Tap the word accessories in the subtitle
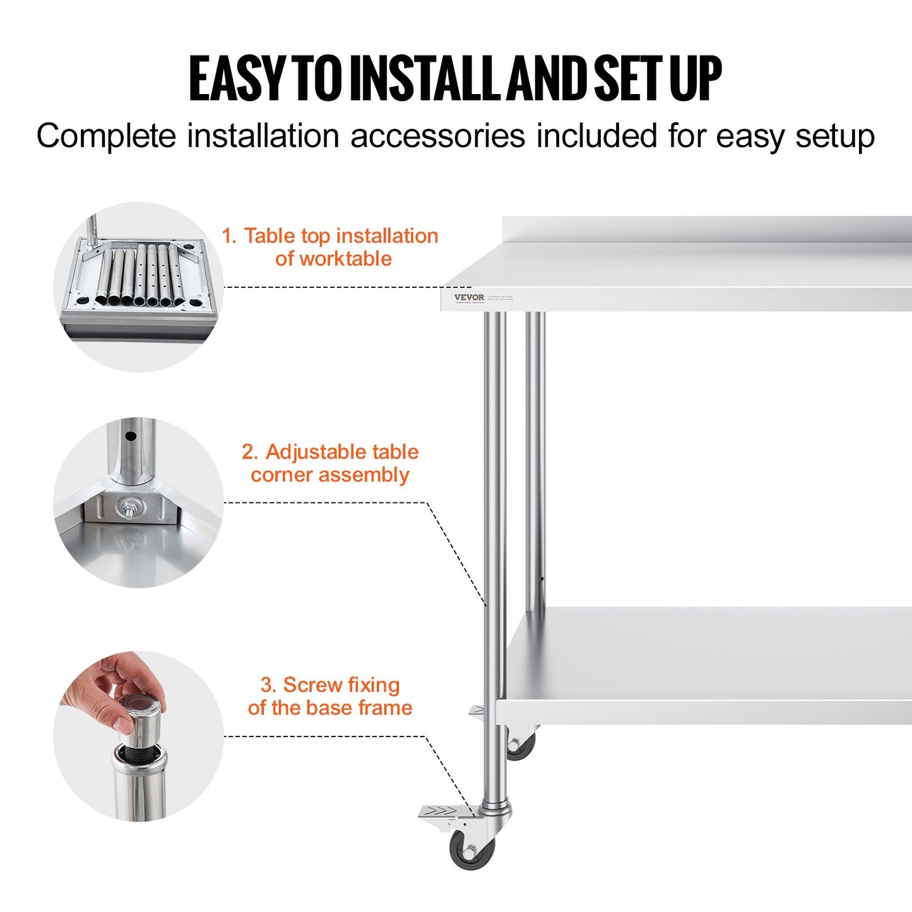[437, 136]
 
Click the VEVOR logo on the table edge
[469, 297]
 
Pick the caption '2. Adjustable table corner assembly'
[330, 463]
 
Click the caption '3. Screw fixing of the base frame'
[330, 696]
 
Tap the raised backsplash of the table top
[707, 229]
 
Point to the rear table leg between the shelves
[535, 461]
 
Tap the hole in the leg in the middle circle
[131, 436]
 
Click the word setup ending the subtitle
[834, 136]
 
